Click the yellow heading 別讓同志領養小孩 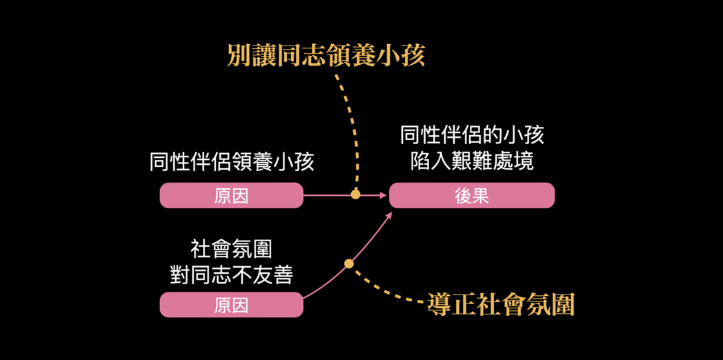(326, 56)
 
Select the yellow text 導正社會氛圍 (501, 304)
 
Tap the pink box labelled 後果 (472, 196)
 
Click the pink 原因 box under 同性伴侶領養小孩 (231, 196)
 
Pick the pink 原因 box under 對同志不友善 (231, 305)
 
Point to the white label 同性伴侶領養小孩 (232, 162)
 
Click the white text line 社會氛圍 (232, 250)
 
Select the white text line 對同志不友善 (232, 274)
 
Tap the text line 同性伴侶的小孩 (472, 135)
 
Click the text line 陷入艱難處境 (472, 161)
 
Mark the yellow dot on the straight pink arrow (355, 194)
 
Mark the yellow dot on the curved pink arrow (349, 263)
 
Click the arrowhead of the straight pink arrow (384, 195)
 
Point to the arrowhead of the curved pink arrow (390, 215)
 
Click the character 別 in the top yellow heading (239, 56)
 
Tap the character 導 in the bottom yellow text (438, 304)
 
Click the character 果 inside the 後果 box (481, 196)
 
